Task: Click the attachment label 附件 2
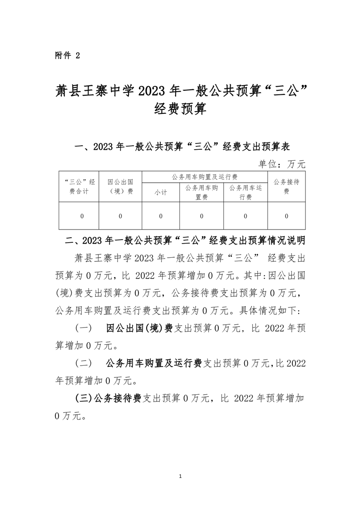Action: coord(67,55)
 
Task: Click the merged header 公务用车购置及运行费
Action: coord(205,176)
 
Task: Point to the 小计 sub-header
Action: coord(161,192)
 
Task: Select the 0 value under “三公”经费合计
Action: coord(82,216)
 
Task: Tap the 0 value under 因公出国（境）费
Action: coord(120,216)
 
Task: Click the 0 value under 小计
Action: coord(161,216)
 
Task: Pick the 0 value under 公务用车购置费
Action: coord(202,216)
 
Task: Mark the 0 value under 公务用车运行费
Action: coord(246,216)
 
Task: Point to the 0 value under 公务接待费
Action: coord(286,216)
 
